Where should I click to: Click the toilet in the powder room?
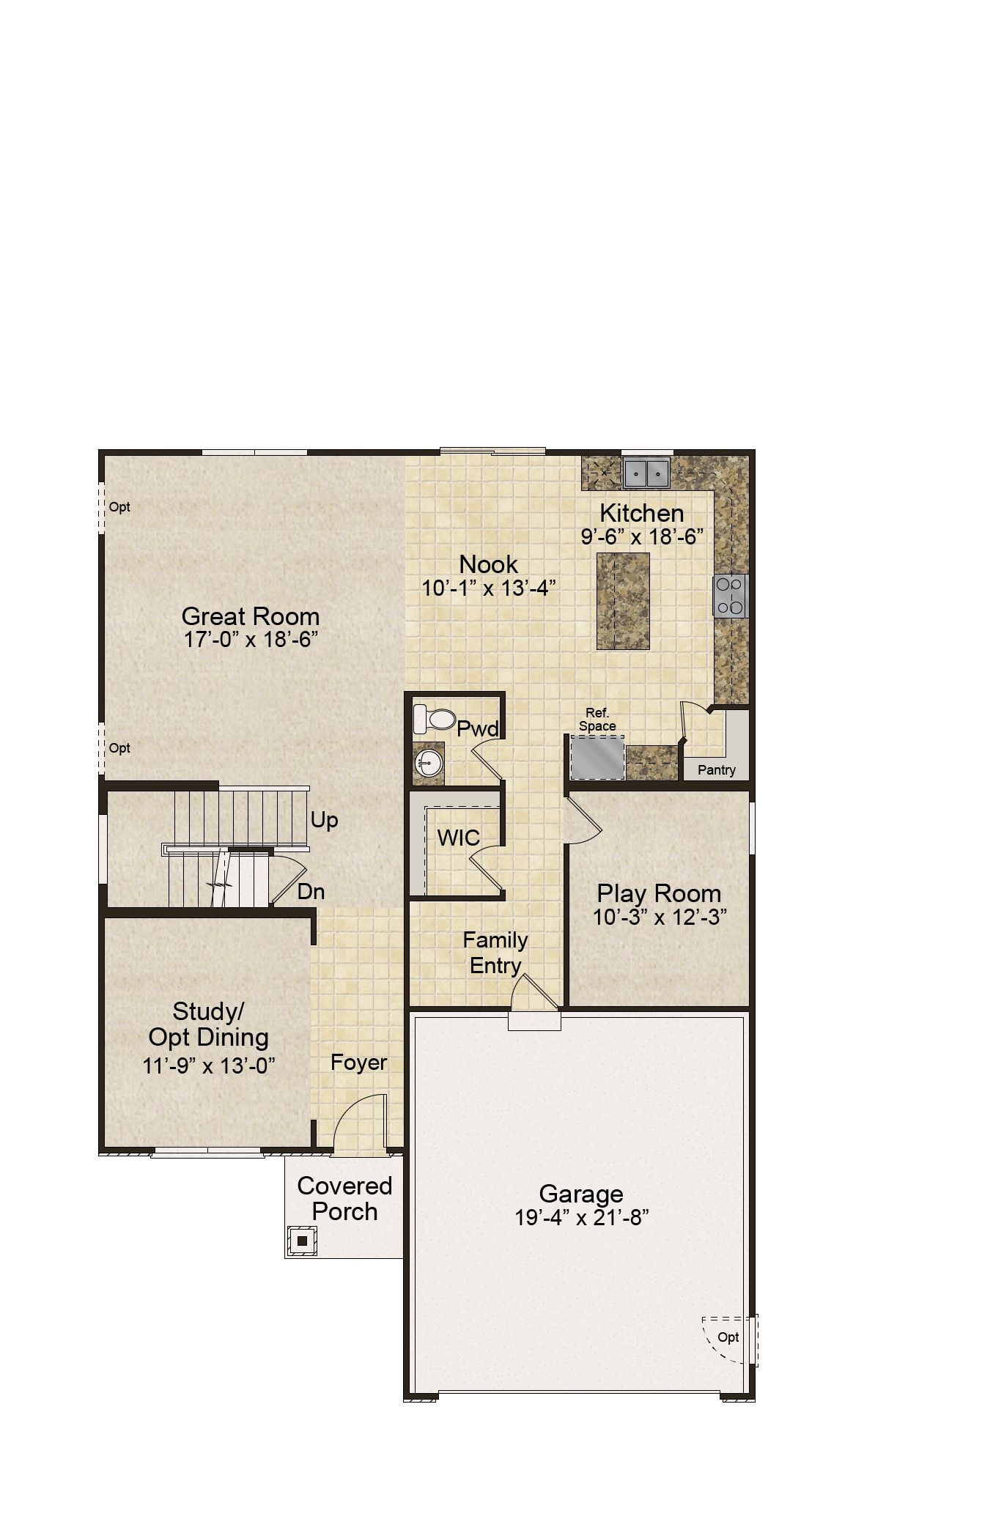pos(435,718)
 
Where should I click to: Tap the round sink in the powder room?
pos(429,763)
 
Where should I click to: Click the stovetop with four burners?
pos(731,595)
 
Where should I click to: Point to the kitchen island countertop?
pos(623,601)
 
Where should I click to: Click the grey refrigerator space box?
pos(598,758)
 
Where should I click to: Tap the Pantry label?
pos(717,769)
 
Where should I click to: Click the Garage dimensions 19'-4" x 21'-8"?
pos(583,1217)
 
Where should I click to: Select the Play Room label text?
pos(659,893)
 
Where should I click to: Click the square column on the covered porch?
pos(302,1241)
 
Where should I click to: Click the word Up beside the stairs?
pos(324,820)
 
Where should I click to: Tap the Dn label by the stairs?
pos(311,892)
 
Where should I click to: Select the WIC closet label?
pos(459,838)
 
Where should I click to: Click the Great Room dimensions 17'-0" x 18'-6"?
pos(251,639)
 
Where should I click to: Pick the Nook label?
pos(489,564)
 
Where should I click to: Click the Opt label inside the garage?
pos(728,1337)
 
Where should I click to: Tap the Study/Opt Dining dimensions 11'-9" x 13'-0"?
pos(209,1065)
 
